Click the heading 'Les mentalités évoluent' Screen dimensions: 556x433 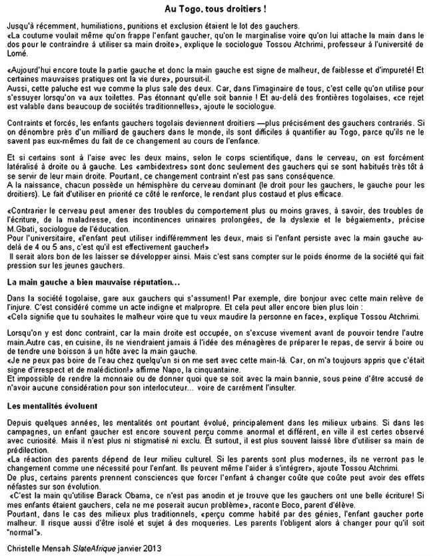[x=51, y=405]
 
